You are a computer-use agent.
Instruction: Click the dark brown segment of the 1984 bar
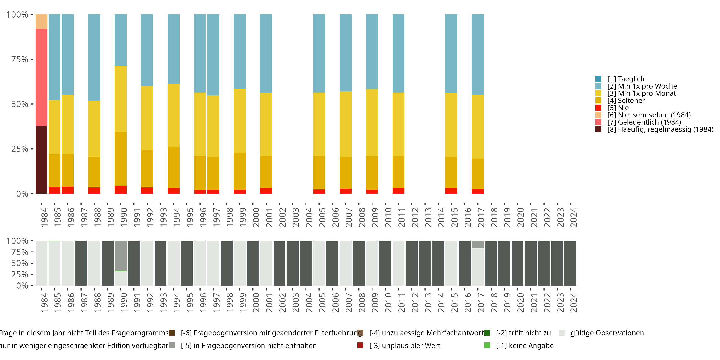click(x=41, y=159)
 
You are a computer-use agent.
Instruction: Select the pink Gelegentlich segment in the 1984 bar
click(x=41, y=77)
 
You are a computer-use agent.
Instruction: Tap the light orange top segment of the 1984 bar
click(x=41, y=22)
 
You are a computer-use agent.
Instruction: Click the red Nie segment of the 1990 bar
click(x=120, y=190)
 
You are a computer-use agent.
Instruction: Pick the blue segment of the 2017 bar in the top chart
click(x=478, y=54)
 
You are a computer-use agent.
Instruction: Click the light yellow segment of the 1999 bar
click(x=240, y=120)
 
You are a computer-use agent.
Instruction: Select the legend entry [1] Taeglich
click(x=626, y=79)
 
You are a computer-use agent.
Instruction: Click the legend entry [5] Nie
click(x=623, y=108)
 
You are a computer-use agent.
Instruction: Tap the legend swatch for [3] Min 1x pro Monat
click(x=598, y=93)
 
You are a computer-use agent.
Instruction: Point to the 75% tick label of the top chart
click(x=20, y=59)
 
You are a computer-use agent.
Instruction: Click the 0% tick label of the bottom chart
click(x=22, y=286)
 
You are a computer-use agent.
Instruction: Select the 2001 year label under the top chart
click(x=269, y=217)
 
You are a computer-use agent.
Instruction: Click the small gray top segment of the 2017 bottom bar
click(x=478, y=244)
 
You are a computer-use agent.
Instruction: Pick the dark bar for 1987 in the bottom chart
click(x=81, y=263)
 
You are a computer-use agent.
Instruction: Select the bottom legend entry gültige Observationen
click(x=607, y=333)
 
